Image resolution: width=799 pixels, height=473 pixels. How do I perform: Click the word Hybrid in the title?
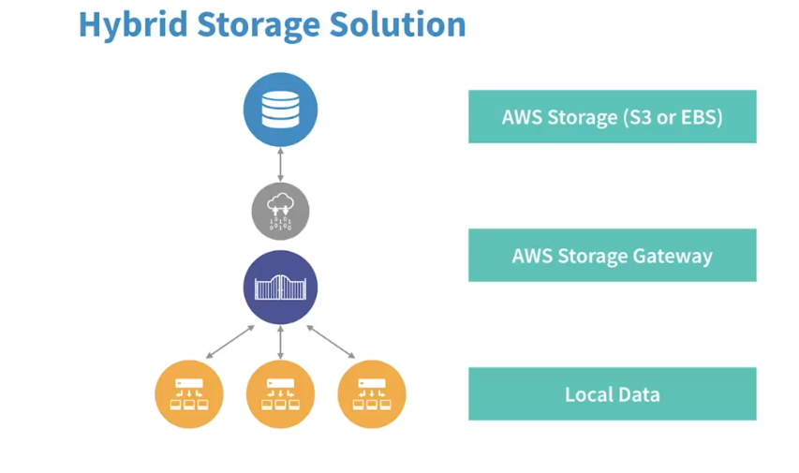point(133,24)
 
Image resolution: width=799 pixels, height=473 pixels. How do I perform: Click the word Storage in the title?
point(259,25)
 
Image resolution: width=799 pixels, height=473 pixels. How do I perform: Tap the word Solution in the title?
point(397,24)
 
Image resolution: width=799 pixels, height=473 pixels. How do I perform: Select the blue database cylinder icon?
point(280,110)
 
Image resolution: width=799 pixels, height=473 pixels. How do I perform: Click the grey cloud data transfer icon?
point(280,211)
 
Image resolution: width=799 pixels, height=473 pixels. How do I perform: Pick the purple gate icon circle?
point(280,288)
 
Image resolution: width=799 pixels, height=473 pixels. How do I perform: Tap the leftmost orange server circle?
point(189,394)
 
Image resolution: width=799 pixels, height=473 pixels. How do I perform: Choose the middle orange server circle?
point(280,394)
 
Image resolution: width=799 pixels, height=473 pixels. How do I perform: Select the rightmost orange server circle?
point(372,394)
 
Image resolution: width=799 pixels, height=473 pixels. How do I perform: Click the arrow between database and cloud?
point(280,165)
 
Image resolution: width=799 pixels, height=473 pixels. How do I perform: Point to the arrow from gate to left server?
point(229,342)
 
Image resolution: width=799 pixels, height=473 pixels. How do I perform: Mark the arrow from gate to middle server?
point(280,343)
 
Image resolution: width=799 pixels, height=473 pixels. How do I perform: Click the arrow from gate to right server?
point(331,342)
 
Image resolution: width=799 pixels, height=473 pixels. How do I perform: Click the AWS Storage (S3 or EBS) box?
point(613,117)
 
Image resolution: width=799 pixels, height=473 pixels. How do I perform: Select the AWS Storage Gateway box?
point(613,256)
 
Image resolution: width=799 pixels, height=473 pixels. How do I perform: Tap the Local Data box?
point(613,394)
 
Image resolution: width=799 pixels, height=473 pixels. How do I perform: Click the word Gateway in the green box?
point(673,257)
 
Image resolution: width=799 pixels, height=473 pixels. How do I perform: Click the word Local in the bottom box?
point(587,394)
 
